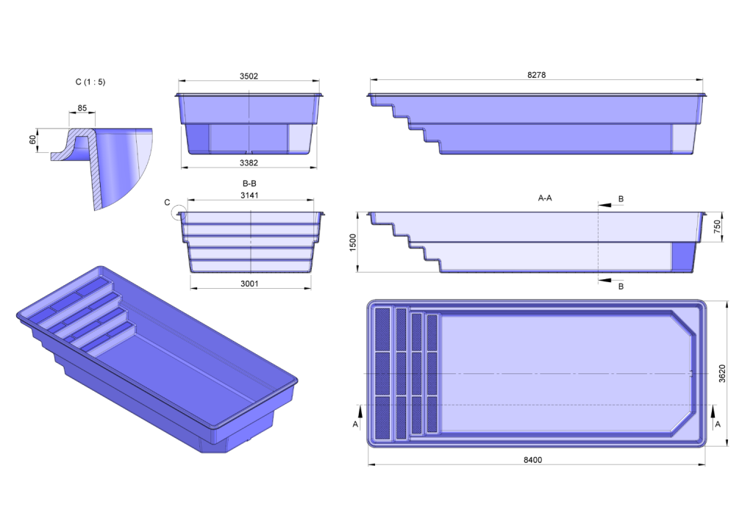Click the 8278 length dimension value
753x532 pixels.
pos(536,75)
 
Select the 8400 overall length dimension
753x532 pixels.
pos(532,459)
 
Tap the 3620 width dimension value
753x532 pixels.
pos(722,373)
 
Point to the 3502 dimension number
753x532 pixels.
pos(249,76)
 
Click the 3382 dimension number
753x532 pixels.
pos(249,162)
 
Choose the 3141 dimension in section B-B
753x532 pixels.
pos(249,195)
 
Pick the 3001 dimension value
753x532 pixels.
pos(249,284)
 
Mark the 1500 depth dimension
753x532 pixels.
pos(353,242)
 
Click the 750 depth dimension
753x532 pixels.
pos(717,226)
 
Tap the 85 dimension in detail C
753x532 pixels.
pos(82,108)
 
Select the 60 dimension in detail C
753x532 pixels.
pos(32,140)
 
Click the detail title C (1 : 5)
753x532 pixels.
pos(90,82)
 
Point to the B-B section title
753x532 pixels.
pos(249,183)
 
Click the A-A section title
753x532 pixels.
pos(545,198)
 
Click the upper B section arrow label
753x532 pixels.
pos(621,198)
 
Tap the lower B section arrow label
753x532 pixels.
pos(621,287)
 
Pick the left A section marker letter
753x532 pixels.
pos(355,424)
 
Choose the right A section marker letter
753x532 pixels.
pos(718,424)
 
